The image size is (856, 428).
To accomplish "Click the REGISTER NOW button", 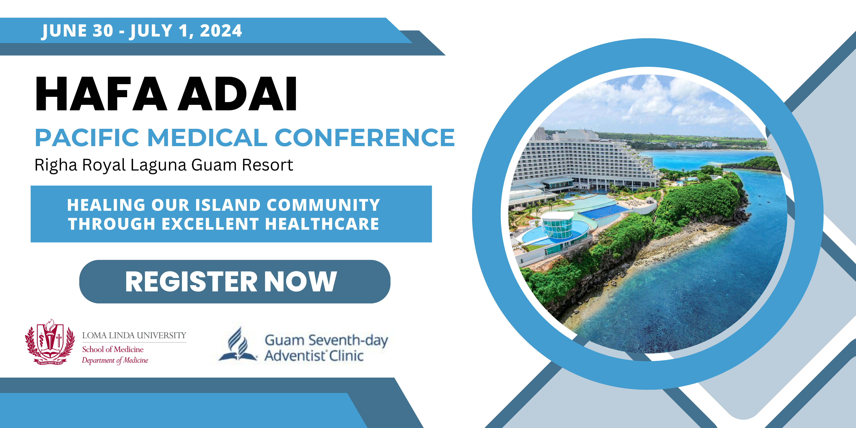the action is click(235, 281).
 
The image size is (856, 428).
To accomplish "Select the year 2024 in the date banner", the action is click(221, 31).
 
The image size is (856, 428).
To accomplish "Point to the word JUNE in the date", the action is click(64, 31).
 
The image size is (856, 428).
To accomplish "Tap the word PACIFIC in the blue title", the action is click(87, 138).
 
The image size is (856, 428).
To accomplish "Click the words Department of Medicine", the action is click(115, 360).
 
